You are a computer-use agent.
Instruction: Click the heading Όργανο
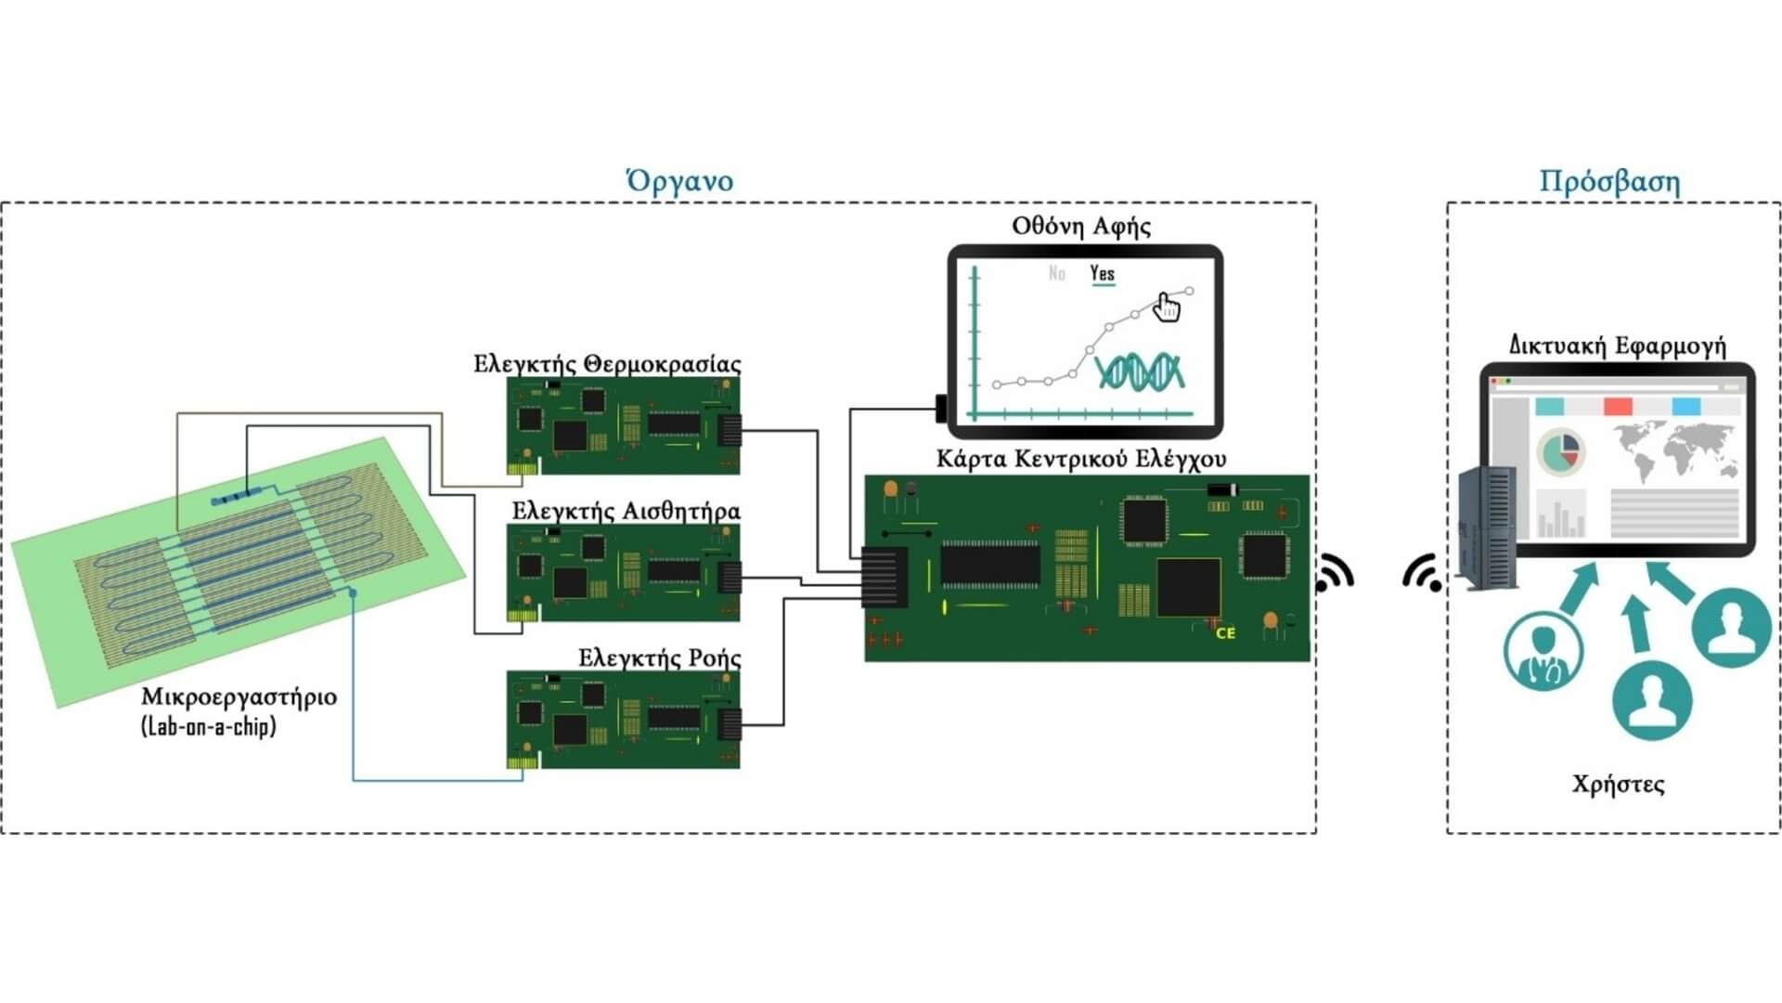(x=679, y=180)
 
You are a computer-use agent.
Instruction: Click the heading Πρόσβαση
(x=1609, y=181)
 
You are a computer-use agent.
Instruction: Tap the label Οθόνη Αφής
(x=1081, y=227)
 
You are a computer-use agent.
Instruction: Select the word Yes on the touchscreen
(x=1103, y=273)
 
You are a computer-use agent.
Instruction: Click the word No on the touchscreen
(x=1056, y=273)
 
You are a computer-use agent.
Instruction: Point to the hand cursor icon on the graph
(x=1166, y=306)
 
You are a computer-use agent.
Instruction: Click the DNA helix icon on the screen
(x=1139, y=371)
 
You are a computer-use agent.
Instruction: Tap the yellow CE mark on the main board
(x=1225, y=633)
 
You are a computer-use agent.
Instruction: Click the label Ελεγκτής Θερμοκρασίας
(x=607, y=364)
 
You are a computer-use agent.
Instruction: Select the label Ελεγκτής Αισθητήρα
(x=626, y=512)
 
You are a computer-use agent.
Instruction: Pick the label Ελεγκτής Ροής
(x=660, y=658)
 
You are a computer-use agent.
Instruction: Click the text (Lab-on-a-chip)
(x=209, y=726)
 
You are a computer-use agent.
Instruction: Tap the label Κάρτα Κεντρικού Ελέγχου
(x=1081, y=459)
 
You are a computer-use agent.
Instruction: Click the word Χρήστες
(x=1618, y=785)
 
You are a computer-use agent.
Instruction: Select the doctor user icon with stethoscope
(x=1543, y=649)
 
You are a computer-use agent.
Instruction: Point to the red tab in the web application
(x=1618, y=407)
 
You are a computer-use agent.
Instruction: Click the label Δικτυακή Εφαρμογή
(x=1617, y=346)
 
